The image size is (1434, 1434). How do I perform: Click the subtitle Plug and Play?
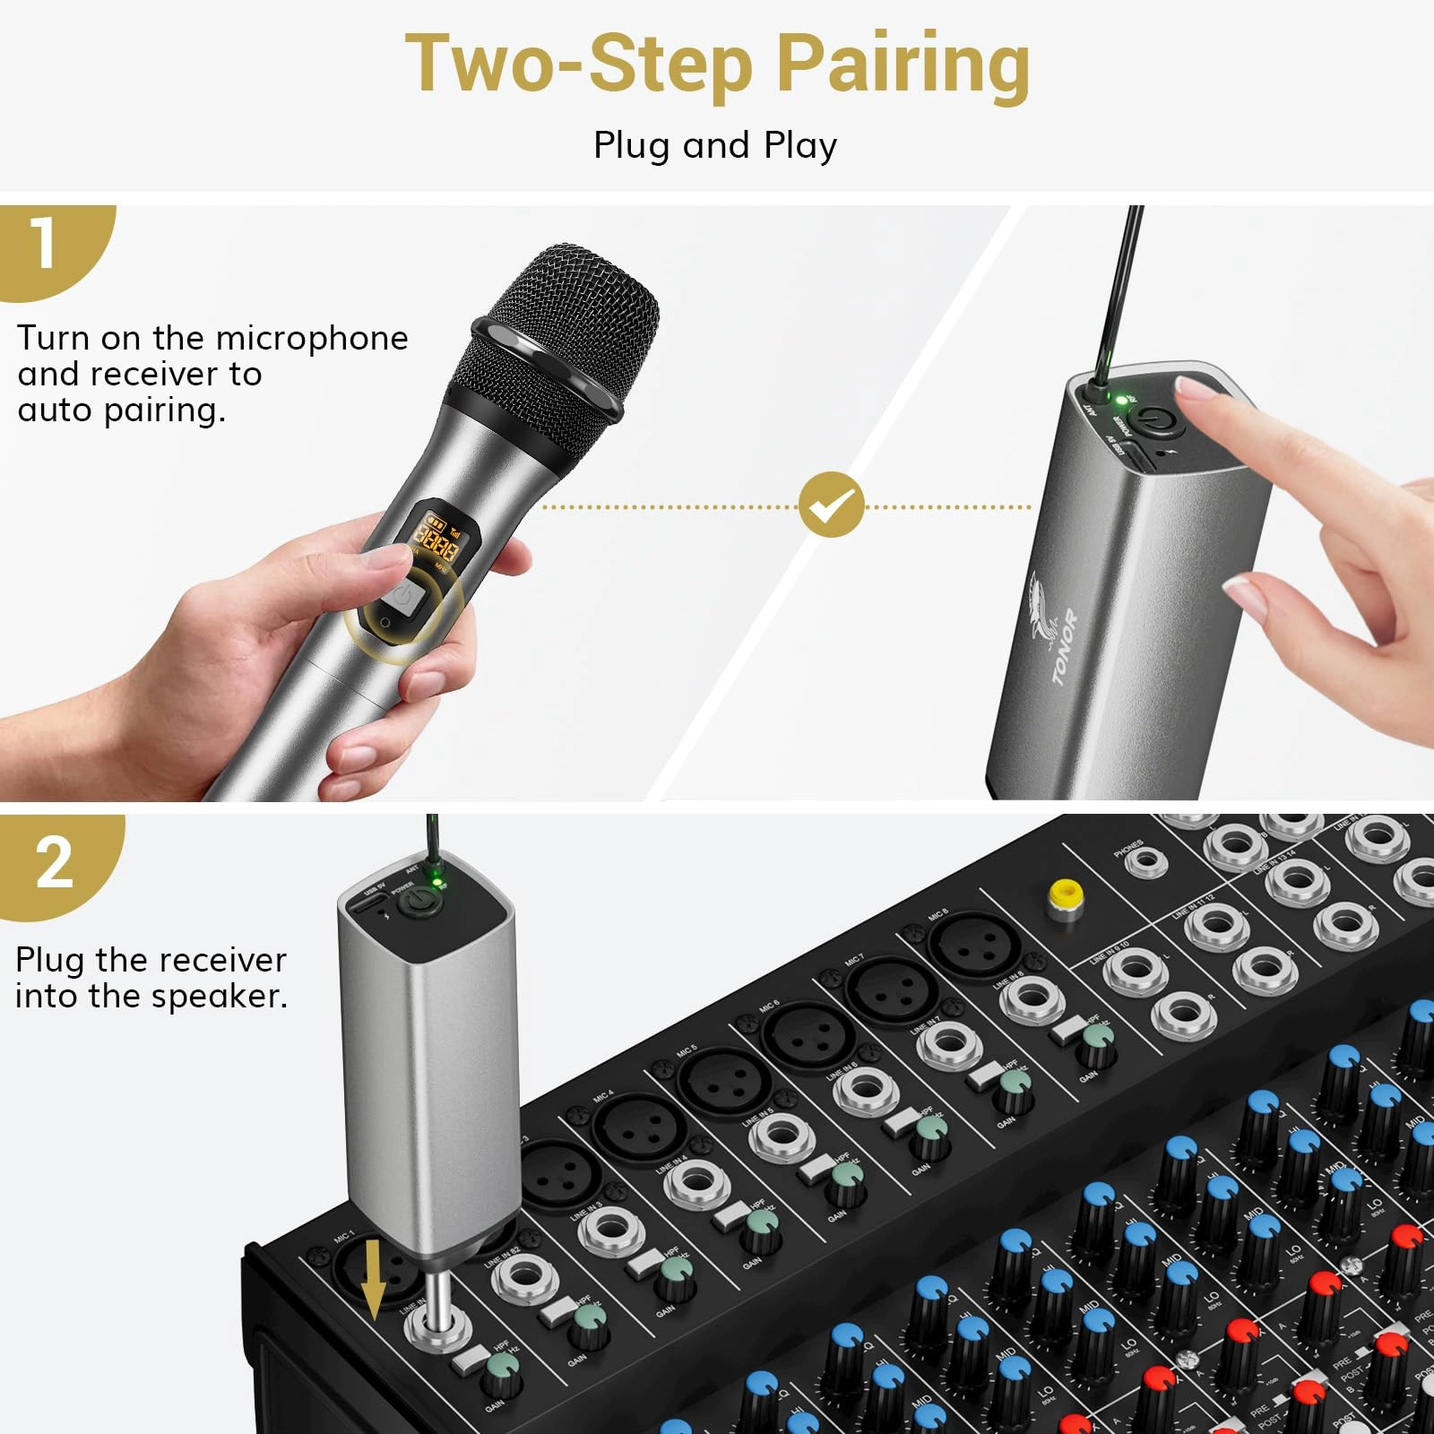coord(715,145)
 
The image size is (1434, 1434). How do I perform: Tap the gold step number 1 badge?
coord(45,244)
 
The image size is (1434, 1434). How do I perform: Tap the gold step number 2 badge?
coord(54,862)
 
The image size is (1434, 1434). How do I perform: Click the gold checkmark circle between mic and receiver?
coord(832,505)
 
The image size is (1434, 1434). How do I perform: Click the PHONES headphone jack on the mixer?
coord(1145,862)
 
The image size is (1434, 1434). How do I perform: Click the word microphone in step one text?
coord(312,339)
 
